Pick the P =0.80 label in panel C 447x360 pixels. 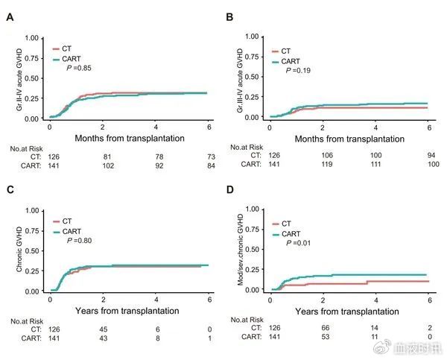80,241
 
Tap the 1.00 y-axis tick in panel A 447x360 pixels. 31,36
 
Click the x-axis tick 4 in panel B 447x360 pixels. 376,127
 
